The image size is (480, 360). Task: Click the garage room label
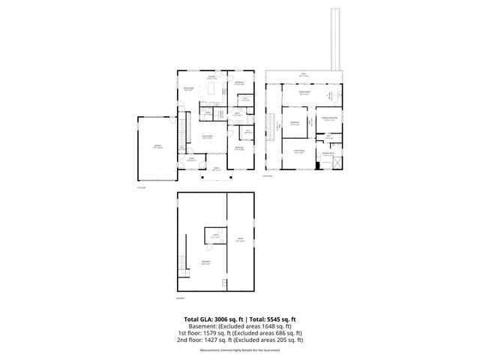click(157, 145)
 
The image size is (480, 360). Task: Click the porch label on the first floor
click(215, 169)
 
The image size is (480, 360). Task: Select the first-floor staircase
click(181, 132)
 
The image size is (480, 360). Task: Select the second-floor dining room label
click(304, 94)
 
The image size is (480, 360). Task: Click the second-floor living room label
click(298, 152)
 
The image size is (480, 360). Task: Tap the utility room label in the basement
click(216, 237)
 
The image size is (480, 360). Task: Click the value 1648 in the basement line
click(256, 326)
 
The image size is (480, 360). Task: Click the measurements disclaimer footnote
click(239, 350)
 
